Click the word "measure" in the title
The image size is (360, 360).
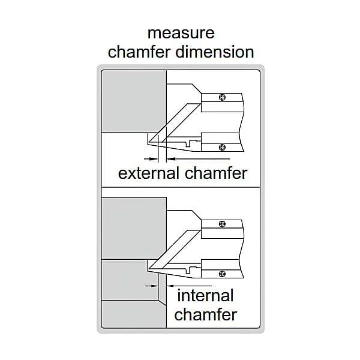pyautogui.click(x=181, y=33)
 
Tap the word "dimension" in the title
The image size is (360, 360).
pyautogui.click(x=215, y=52)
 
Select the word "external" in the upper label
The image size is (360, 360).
pyautogui.click(x=149, y=173)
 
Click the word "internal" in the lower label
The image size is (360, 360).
pyautogui.click(x=205, y=295)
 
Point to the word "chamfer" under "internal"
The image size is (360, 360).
pyautogui.click(x=205, y=314)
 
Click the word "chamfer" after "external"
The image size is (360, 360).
pyautogui.click(x=216, y=173)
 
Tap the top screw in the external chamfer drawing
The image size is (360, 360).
pyautogui.click(x=222, y=98)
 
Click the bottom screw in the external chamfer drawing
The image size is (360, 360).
pyautogui.click(x=222, y=147)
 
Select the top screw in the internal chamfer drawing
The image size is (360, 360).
pyautogui.click(x=222, y=224)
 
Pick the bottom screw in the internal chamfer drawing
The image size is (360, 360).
pyautogui.click(x=222, y=274)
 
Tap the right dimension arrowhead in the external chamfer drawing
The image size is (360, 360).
pyautogui.click(x=171, y=158)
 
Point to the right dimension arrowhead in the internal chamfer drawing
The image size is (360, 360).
pyautogui.click(x=170, y=286)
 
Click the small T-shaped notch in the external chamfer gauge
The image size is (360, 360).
pyautogui.click(x=189, y=143)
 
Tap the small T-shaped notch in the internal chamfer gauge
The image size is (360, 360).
pyautogui.click(x=189, y=269)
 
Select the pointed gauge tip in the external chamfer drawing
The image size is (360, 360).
pyautogui.click(x=149, y=143)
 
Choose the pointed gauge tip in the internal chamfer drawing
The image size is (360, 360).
pyautogui.click(x=149, y=268)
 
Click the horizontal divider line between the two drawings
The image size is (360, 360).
pyautogui.click(x=181, y=187)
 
